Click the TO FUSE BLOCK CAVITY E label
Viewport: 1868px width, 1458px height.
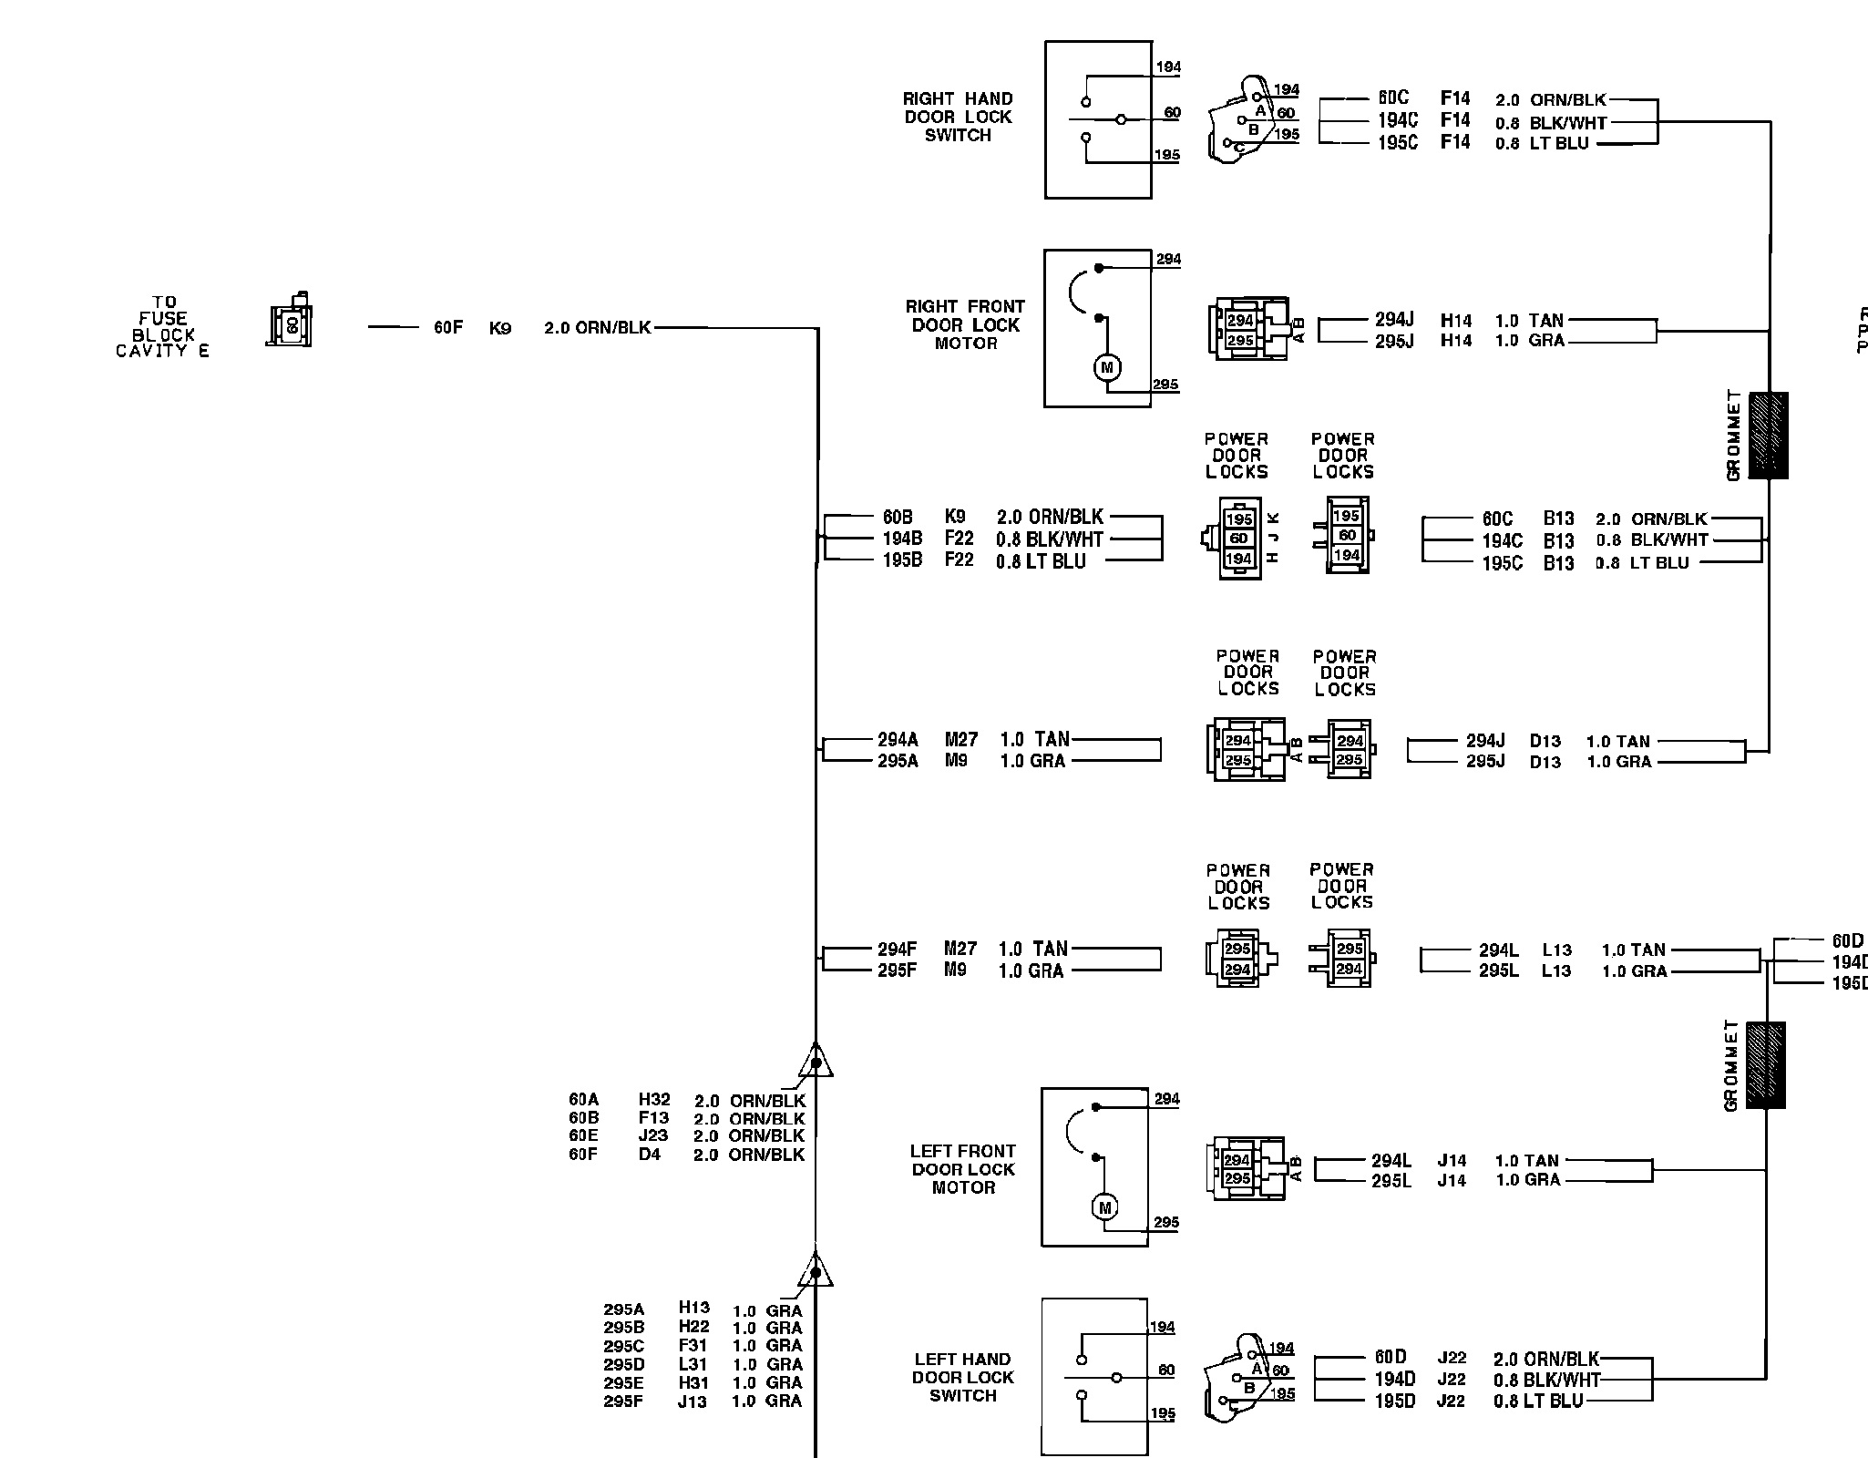pyautogui.click(x=162, y=326)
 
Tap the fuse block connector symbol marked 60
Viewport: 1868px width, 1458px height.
pyautogui.click(x=291, y=322)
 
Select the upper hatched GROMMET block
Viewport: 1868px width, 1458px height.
pyautogui.click(x=1768, y=436)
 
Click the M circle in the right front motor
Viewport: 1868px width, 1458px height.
pyautogui.click(x=1107, y=367)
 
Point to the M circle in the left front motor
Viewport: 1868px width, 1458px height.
pyautogui.click(x=1105, y=1207)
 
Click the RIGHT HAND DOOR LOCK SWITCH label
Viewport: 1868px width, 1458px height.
pyautogui.click(x=958, y=117)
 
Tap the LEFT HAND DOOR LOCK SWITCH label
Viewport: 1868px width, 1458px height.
pyautogui.click(x=963, y=1377)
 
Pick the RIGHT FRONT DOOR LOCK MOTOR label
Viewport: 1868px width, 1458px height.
pyautogui.click(x=965, y=324)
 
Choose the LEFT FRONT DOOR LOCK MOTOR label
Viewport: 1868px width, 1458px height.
pyautogui.click(x=963, y=1169)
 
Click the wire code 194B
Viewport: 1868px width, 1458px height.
pyautogui.click(x=902, y=539)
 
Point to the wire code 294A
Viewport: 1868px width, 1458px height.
pyautogui.click(x=898, y=740)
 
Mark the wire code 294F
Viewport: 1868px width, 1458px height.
pyautogui.click(x=897, y=950)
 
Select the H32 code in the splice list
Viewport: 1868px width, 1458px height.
pyautogui.click(x=654, y=1100)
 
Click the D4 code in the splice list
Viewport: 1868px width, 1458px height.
pyautogui.click(x=649, y=1155)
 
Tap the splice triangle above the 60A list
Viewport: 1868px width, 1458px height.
pyautogui.click(x=816, y=1062)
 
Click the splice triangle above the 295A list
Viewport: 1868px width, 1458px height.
pyautogui.click(x=816, y=1270)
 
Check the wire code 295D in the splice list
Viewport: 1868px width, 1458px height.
pyautogui.click(x=623, y=1364)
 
